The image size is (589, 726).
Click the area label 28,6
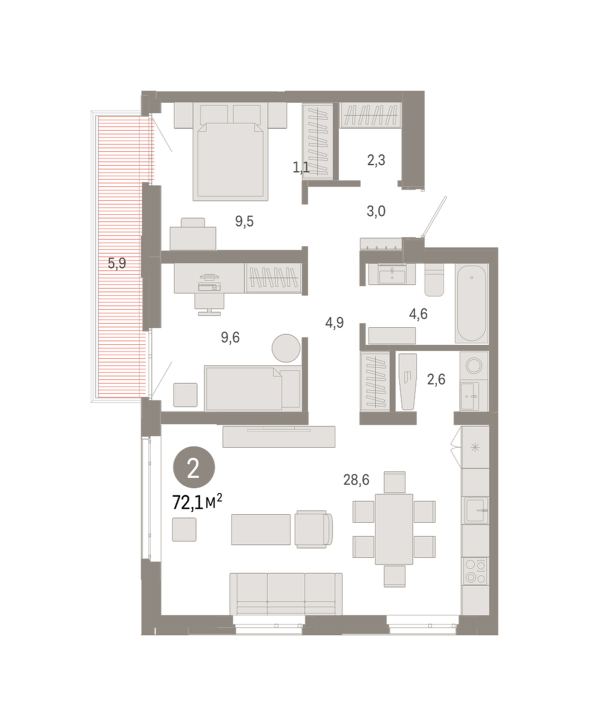(x=356, y=480)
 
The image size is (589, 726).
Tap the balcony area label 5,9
(x=117, y=263)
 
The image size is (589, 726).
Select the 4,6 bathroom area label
(x=418, y=313)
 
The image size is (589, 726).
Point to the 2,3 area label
(x=376, y=160)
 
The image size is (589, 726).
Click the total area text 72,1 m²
(x=197, y=503)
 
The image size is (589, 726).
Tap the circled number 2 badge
(x=194, y=467)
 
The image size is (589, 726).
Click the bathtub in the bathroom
(x=471, y=303)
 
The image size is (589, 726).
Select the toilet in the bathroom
(x=434, y=280)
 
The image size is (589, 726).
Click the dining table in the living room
(x=394, y=529)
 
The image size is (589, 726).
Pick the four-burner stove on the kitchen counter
(x=475, y=571)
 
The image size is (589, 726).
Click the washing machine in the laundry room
(x=473, y=366)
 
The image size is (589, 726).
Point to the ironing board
(x=408, y=381)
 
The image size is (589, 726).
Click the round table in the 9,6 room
(x=286, y=348)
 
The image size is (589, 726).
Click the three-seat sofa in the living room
(x=286, y=594)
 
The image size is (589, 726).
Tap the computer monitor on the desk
(x=209, y=276)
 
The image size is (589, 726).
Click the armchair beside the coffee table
(x=313, y=529)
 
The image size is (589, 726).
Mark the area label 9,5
(x=244, y=221)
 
